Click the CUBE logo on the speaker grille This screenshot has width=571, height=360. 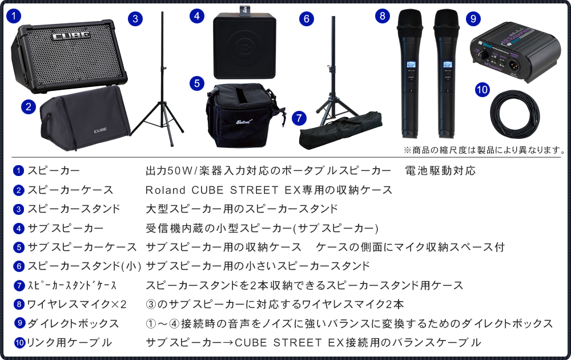tap(71, 36)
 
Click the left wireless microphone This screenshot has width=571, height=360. tap(409, 71)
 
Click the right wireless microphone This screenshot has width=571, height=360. tap(446, 71)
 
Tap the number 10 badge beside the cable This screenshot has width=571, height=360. tap(481, 89)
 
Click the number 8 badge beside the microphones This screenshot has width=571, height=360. tap(383, 15)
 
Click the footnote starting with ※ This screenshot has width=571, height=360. tap(484, 150)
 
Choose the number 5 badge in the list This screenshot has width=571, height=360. tap(18, 247)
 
